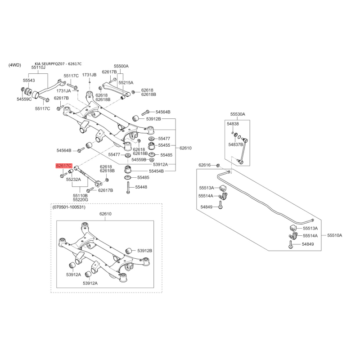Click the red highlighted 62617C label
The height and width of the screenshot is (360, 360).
[x=64, y=166]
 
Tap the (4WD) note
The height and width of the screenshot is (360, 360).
[x=15, y=65]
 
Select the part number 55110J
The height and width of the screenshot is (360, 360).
[x=38, y=67]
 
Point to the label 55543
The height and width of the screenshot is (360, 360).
[x=29, y=81]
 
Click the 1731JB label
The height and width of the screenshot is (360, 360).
[x=89, y=75]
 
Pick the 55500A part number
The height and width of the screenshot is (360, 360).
[x=121, y=66]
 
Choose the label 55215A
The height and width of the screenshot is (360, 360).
[x=126, y=83]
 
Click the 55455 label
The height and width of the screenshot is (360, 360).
[x=164, y=145]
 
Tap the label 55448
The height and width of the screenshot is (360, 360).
[x=141, y=187]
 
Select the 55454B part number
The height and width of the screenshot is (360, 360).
[x=156, y=171]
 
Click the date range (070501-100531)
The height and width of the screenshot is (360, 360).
[x=69, y=207]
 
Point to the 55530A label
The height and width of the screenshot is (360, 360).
[x=238, y=114]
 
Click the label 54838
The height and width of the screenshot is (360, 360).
[x=233, y=124]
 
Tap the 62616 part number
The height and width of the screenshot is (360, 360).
[x=205, y=165]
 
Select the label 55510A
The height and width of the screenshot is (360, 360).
[x=335, y=235]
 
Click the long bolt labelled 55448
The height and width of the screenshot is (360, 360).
[x=128, y=187]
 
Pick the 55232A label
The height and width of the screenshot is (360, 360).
[x=73, y=179]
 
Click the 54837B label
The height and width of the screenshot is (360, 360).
[x=235, y=144]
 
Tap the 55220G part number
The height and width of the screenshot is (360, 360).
[x=81, y=200]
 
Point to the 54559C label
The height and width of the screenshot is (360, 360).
[x=24, y=99]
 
